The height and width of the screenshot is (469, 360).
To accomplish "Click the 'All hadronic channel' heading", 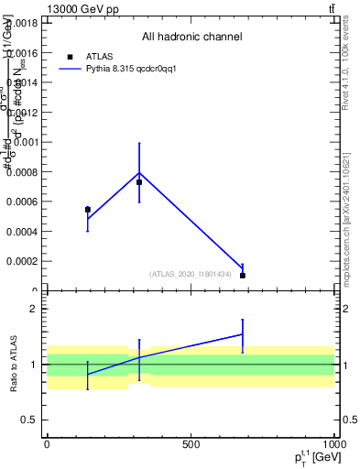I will coord(191,37).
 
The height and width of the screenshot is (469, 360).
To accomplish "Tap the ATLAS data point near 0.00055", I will coord(88,210).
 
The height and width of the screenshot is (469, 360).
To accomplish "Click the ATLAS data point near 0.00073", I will coord(139,182).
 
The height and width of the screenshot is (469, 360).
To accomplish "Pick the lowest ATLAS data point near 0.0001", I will coord(243,275).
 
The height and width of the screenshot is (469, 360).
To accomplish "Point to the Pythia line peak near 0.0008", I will coord(139,172).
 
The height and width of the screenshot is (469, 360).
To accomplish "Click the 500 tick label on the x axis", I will coord(191,444).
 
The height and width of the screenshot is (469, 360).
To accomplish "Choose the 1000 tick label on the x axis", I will coord(333,444).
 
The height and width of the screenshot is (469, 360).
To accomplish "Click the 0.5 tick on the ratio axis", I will coord(31,420).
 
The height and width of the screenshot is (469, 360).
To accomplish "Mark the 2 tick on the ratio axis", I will coord(35,309).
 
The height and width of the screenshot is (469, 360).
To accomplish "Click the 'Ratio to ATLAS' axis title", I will coord(14,364).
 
